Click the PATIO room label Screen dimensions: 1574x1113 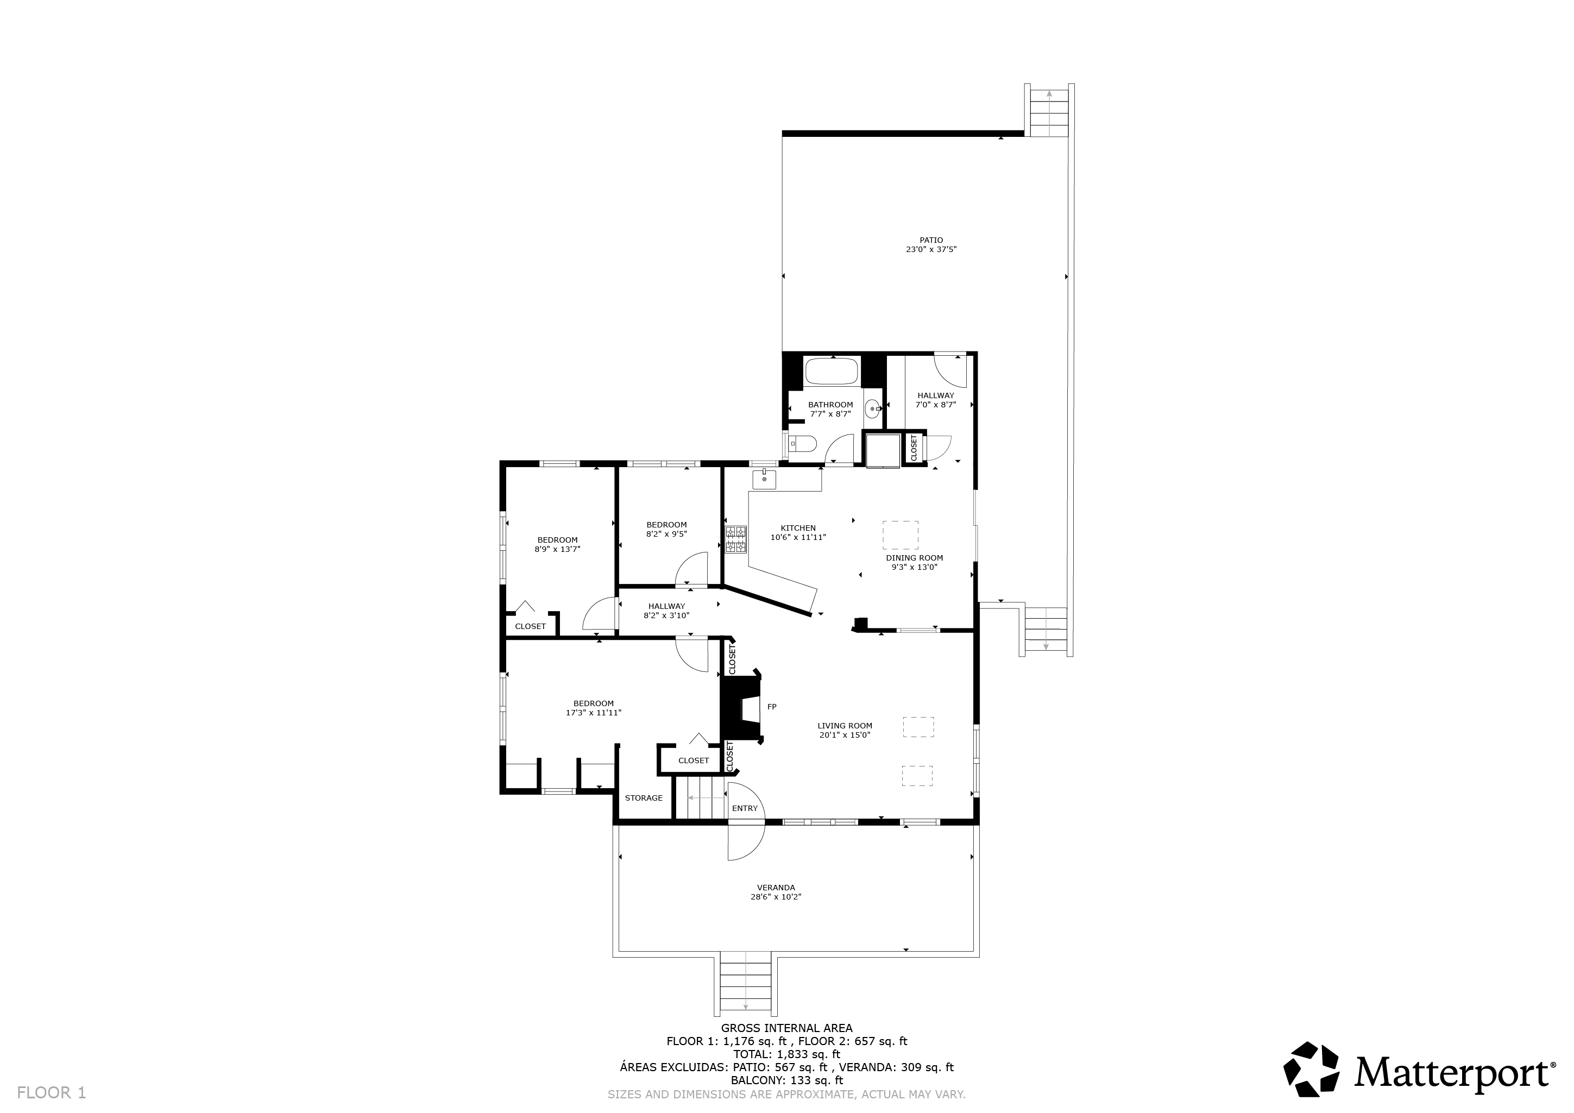[931, 241]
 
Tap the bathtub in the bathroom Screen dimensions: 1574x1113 [832, 371]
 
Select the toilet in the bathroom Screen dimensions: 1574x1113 [802, 444]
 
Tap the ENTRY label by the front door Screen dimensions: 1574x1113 [745, 808]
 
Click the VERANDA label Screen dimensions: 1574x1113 [776, 888]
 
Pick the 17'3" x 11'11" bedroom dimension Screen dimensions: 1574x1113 [594, 713]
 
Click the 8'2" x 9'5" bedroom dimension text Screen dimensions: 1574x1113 [666, 534]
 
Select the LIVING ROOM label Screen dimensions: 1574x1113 [845, 726]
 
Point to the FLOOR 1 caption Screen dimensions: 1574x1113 [52, 1092]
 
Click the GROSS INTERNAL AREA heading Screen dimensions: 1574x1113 [786, 1028]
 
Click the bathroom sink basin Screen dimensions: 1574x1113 [873, 410]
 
